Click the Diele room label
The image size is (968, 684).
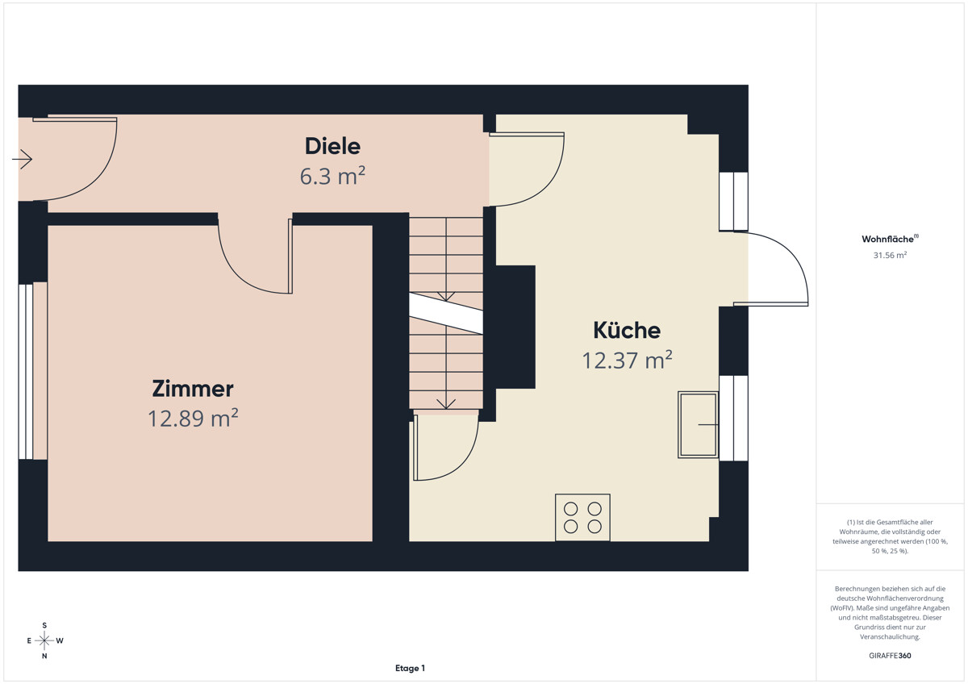pos(332,146)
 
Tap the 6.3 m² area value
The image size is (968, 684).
pos(332,176)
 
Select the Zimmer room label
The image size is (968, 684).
pos(193,389)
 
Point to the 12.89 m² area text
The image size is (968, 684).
pos(193,418)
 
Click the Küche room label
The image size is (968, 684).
pos(627,330)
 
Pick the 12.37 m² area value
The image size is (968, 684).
pos(627,360)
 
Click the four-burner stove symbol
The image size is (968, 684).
pos(582,517)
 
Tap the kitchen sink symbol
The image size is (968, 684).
pos(698,425)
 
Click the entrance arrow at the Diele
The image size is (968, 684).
pos(22,159)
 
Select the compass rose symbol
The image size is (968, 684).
pos(44,640)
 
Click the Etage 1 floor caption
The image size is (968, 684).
pos(410,668)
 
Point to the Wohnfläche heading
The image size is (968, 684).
pos(890,239)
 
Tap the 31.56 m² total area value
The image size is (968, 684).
pos(890,255)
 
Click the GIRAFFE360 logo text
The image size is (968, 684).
pos(890,656)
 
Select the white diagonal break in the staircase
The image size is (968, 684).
pos(446,313)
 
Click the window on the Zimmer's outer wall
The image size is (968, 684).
pos(26,372)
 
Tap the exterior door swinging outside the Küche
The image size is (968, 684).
pos(771,269)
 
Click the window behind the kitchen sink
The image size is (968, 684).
pos(733,419)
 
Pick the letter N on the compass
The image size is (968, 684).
pos(44,656)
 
